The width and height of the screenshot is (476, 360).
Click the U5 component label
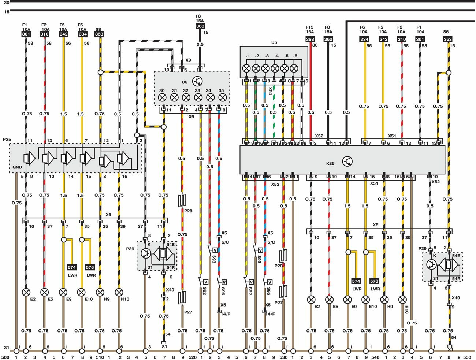pyautogui.click(x=274, y=42)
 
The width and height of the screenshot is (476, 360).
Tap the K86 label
pyautogui.click(x=330, y=163)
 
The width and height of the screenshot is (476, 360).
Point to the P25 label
pyautogui.click(x=7, y=140)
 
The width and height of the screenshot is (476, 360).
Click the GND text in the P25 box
pyautogui.click(x=17, y=167)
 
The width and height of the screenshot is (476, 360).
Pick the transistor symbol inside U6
pyautogui.click(x=198, y=81)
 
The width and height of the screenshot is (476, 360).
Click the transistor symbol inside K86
pyautogui.click(x=347, y=162)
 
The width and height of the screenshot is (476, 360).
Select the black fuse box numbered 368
pyautogui.click(x=310, y=39)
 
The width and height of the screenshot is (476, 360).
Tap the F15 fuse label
pyautogui.click(x=310, y=27)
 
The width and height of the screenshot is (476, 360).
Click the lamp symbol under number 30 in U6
pyautogui.click(x=162, y=97)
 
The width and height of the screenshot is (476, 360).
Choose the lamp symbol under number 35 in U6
pyautogui.click(x=222, y=97)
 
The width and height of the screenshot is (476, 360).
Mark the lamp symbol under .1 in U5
pyautogui.click(x=246, y=68)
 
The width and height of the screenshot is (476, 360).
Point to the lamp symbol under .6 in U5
pyautogui.click(x=294, y=68)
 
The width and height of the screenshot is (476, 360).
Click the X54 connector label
pyautogui.click(x=270, y=91)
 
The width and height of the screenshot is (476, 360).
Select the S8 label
pyautogui.click(x=98, y=29)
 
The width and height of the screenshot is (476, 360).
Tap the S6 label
pyautogui.click(x=446, y=32)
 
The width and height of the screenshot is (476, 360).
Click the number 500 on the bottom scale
pyautogui.click(x=5, y=357)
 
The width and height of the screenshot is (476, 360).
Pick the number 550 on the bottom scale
pyautogui.click(x=467, y=357)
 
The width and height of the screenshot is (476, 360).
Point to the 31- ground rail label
pyautogui.click(x=7, y=348)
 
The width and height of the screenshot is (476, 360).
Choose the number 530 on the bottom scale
pyautogui.click(x=283, y=357)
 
